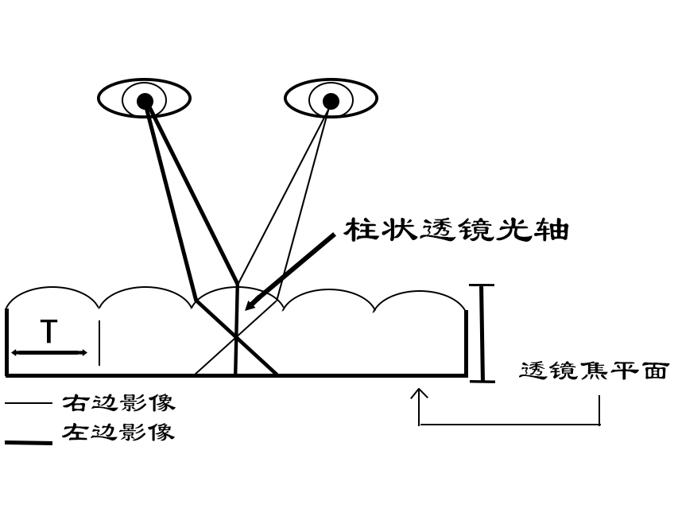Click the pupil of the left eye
[145, 100]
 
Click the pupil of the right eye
[331, 100]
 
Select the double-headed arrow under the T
[48, 352]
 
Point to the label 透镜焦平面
[593, 371]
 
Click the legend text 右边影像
[119, 402]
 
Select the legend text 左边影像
[119, 433]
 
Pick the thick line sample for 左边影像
[29, 442]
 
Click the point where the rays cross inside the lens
[236, 337]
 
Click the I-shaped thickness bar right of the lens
[482, 332]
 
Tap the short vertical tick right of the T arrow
[99, 343]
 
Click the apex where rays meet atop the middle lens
[238, 282]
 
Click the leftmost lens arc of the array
[52, 287]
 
